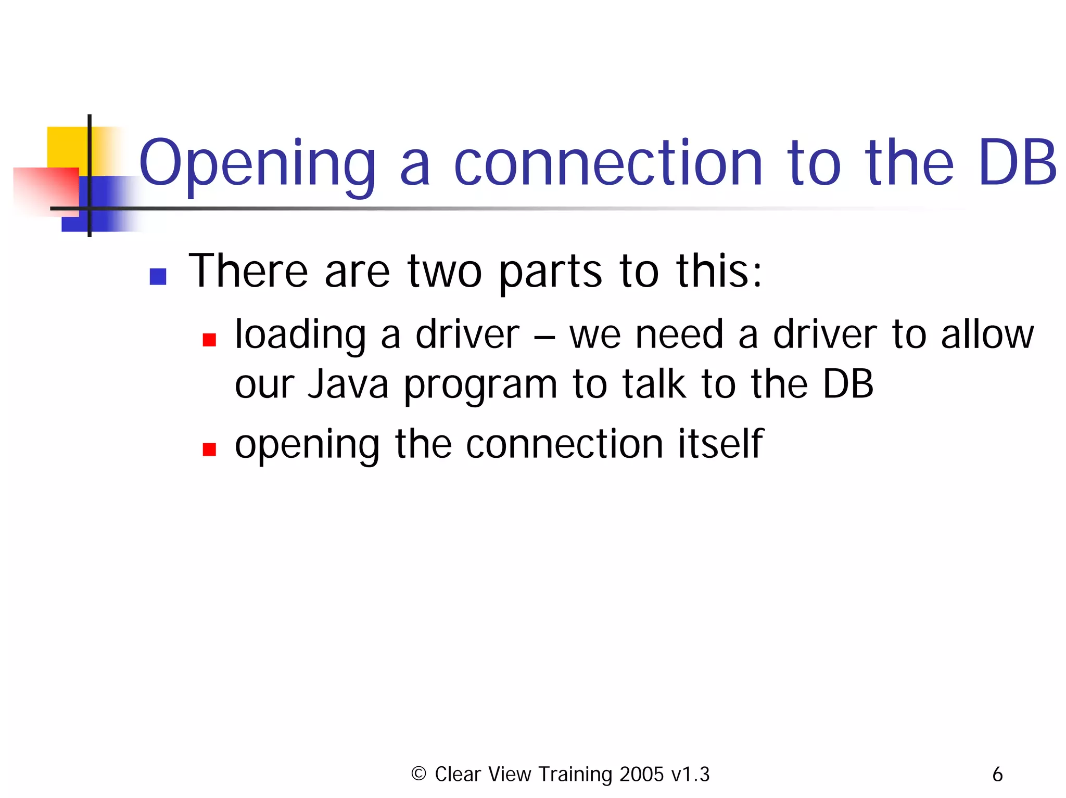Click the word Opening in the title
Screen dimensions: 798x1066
pos(257,164)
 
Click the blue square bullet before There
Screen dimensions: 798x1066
pos(158,276)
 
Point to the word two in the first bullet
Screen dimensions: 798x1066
pos(445,271)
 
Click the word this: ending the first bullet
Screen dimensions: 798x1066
pos(719,271)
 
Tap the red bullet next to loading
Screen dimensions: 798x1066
pos(209,340)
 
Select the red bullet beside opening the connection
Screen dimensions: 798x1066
pos(209,449)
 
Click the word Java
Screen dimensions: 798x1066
pos(348,384)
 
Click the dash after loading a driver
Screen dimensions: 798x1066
pos(544,336)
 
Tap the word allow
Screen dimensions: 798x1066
pos(987,334)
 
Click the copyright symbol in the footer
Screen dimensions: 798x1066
pos(418,774)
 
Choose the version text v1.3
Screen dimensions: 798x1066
pos(690,774)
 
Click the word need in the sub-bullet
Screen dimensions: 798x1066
pos(679,334)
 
